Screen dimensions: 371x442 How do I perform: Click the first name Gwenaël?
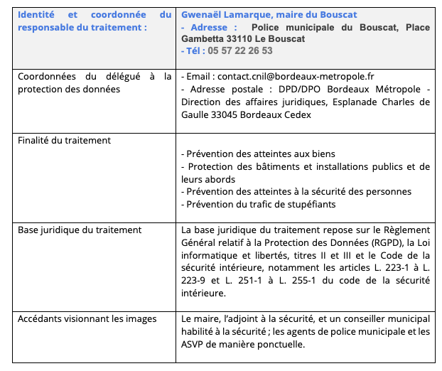click(203, 14)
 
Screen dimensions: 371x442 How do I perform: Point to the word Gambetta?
click(204, 39)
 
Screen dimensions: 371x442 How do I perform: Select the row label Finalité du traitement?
click(64, 141)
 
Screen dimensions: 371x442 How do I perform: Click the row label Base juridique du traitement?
click(80, 230)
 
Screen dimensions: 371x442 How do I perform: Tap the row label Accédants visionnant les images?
click(87, 319)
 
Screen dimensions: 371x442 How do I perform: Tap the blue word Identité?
click(36, 14)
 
